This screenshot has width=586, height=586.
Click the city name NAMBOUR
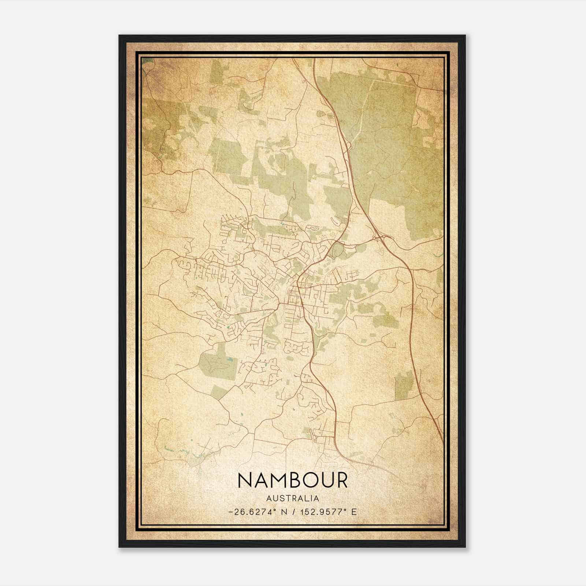pyautogui.click(x=293, y=480)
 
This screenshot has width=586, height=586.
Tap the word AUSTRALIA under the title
pyautogui.click(x=293, y=498)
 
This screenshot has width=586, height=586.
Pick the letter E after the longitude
pyautogui.click(x=354, y=512)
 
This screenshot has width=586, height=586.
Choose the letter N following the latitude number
pyautogui.click(x=283, y=512)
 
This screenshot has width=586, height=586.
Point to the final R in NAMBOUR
pyautogui.click(x=341, y=480)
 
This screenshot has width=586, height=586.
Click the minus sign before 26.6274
pyautogui.click(x=230, y=512)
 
